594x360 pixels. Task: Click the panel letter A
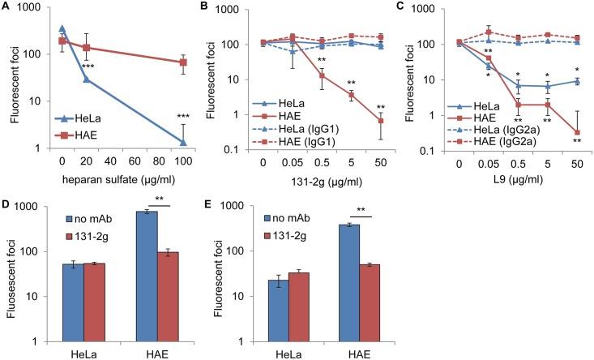pyautogui.click(x=6, y=7)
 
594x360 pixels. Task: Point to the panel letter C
pyautogui.click(x=405, y=7)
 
